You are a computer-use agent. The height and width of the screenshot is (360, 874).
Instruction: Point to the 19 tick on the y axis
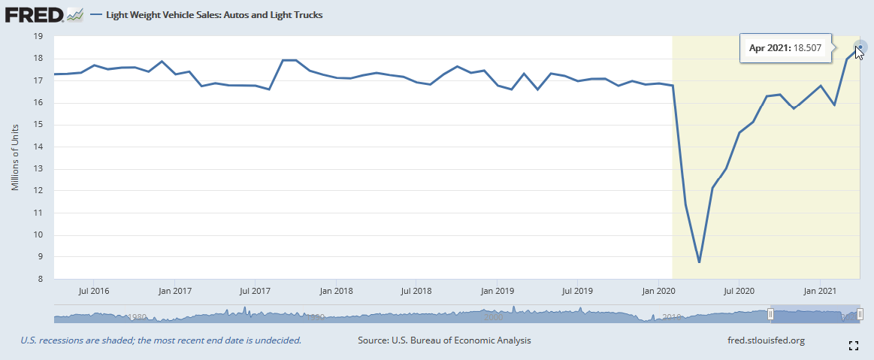coord(38,36)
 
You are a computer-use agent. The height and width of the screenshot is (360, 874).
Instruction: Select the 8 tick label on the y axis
coord(38,279)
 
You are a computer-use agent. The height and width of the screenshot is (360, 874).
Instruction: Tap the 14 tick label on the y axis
coord(38,147)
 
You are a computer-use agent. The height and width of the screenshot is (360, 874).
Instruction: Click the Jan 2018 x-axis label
coord(336,290)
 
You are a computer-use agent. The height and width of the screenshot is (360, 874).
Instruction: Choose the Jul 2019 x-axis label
coord(577,290)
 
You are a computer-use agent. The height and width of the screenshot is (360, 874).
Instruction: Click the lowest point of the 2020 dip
coord(699,262)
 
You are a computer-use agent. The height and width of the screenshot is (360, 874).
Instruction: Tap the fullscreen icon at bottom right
coord(853,346)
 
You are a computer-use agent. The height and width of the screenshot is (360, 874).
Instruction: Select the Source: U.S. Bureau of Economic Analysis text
coord(444,340)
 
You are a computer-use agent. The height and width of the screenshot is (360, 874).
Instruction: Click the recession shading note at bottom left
coord(161,340)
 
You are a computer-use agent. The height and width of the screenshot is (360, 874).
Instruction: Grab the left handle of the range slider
coord(770,314)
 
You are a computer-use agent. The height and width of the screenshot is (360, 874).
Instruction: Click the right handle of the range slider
coord(860,314)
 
